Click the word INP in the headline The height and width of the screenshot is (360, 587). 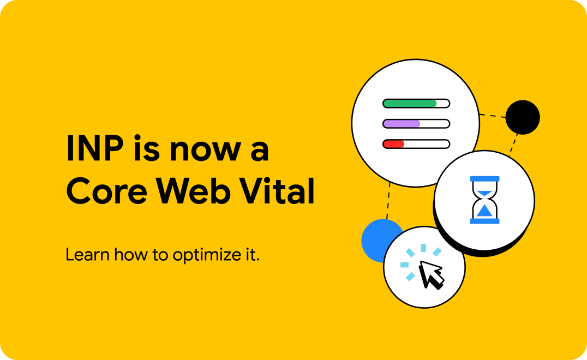pos(95,148)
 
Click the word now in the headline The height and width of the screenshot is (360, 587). pos(205,152)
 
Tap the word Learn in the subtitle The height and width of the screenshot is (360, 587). pos(88,255)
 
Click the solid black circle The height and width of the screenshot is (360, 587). pos(523,117)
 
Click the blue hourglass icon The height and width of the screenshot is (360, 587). pos(484,200)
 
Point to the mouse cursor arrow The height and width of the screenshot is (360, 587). pos(432,274)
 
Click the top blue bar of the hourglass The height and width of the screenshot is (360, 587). pos(484,179)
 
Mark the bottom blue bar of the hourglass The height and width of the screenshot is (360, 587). pos(484,221)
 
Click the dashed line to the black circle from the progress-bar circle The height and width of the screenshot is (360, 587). pos(493,116)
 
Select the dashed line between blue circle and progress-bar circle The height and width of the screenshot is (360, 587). pos(388,201)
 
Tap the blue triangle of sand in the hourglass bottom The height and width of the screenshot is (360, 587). pos(484,211)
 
